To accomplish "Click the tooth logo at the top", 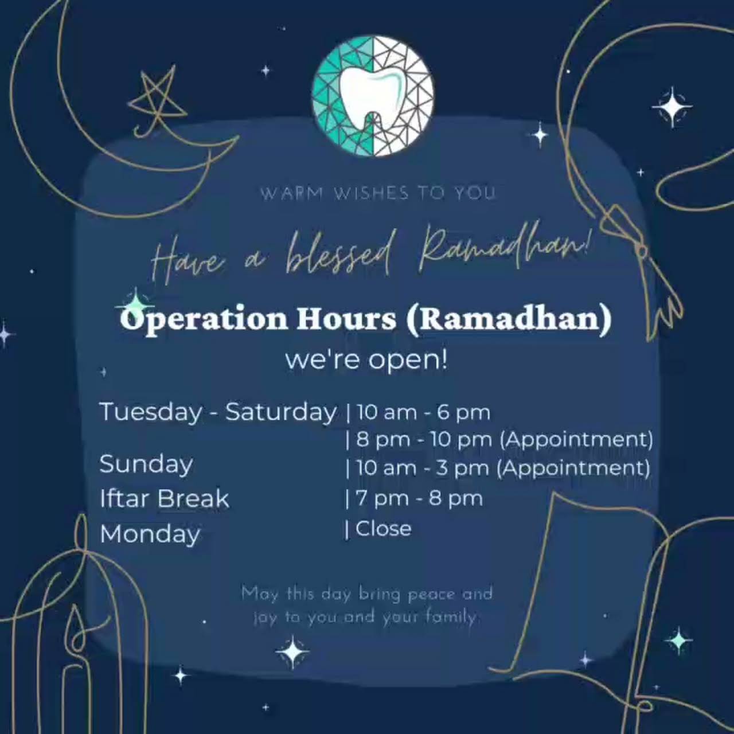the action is point(373,96).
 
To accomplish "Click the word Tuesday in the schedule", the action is point(151,412).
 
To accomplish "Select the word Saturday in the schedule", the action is point(281,412).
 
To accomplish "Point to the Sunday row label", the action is point(146,464).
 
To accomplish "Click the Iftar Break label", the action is point(165,498).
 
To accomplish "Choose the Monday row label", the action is point(150,534).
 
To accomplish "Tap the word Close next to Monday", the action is point(384,529).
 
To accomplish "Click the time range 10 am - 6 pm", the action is point(423,412).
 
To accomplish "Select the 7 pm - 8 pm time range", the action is point(419,498).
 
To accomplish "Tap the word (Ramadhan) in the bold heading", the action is point(509,319).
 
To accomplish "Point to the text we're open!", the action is point(366,361).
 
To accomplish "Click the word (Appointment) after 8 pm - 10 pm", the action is point(576,440).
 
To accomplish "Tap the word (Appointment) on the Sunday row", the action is point(573,468).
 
